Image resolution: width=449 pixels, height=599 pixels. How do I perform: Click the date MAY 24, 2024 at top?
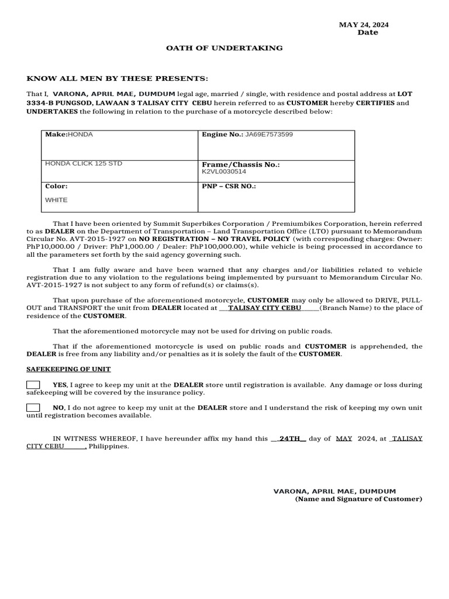364,25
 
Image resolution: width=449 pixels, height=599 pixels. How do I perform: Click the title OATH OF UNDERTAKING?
224,48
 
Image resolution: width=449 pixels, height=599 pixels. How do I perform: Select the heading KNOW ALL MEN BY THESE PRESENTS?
117,78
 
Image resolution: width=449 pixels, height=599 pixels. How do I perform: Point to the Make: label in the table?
57,135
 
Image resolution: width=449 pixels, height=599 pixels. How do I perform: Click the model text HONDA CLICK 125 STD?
84,163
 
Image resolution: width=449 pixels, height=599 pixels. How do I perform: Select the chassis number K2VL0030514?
224,172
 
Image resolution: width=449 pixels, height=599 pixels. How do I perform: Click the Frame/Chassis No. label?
241,165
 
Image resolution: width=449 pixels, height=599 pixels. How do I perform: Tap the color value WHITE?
56,200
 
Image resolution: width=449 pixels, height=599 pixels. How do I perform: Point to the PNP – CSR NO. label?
229,186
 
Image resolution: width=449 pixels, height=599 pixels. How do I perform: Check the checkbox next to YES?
33,385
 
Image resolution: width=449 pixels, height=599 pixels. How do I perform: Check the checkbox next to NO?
33,408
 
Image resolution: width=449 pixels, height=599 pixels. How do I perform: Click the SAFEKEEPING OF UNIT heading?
68,369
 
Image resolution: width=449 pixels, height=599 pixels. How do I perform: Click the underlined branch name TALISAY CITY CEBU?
264,308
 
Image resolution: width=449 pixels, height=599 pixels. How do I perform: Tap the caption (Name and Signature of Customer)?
358,499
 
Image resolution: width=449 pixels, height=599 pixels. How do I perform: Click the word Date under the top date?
368,33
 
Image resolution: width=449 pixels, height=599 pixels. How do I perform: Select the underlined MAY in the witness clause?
344,438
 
